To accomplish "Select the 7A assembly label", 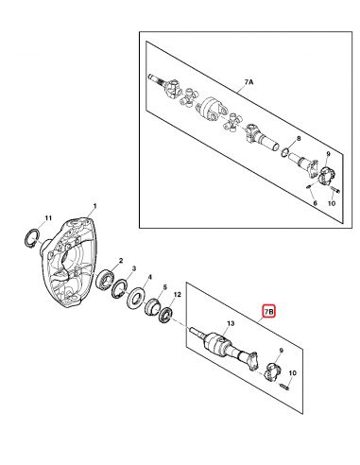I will click(x=249, y=82).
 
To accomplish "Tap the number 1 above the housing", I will click(x=94, y=206).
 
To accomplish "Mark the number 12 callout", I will click(x=177, y=294).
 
